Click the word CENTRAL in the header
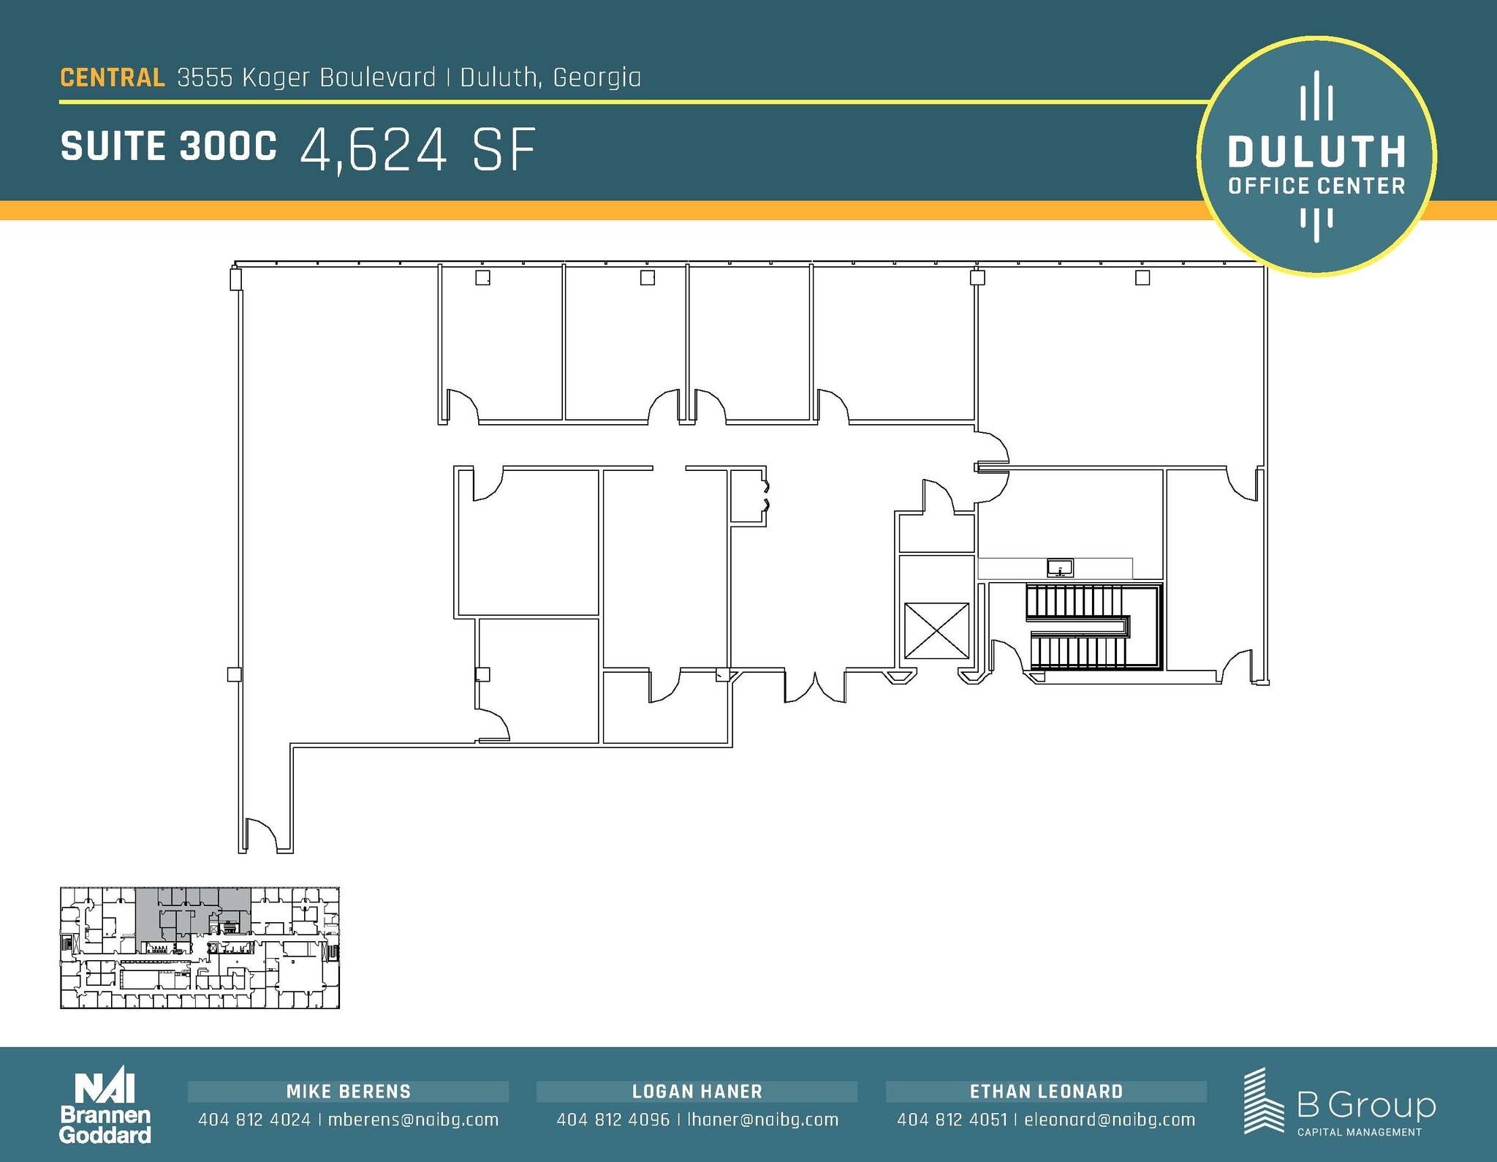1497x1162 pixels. (112, 78)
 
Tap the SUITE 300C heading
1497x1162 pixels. (169, 146)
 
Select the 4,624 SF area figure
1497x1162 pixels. (417, 150)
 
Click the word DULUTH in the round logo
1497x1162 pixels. (1316, 152)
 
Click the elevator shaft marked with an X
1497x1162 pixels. (936, 630)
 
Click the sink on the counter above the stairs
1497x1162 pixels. (1060, 567)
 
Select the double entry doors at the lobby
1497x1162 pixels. (815, 688)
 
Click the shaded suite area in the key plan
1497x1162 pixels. (192, 911)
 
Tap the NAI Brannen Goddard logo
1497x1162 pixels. (105, 1108)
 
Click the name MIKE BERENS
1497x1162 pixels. (348, 1092)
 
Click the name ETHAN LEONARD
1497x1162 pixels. (1046, 1092)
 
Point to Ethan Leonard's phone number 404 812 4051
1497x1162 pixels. (952, 1120)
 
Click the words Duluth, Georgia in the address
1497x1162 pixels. (550, 78)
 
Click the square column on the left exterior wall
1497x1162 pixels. (235, 674)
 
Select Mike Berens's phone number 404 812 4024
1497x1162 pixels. (254, 1120)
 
